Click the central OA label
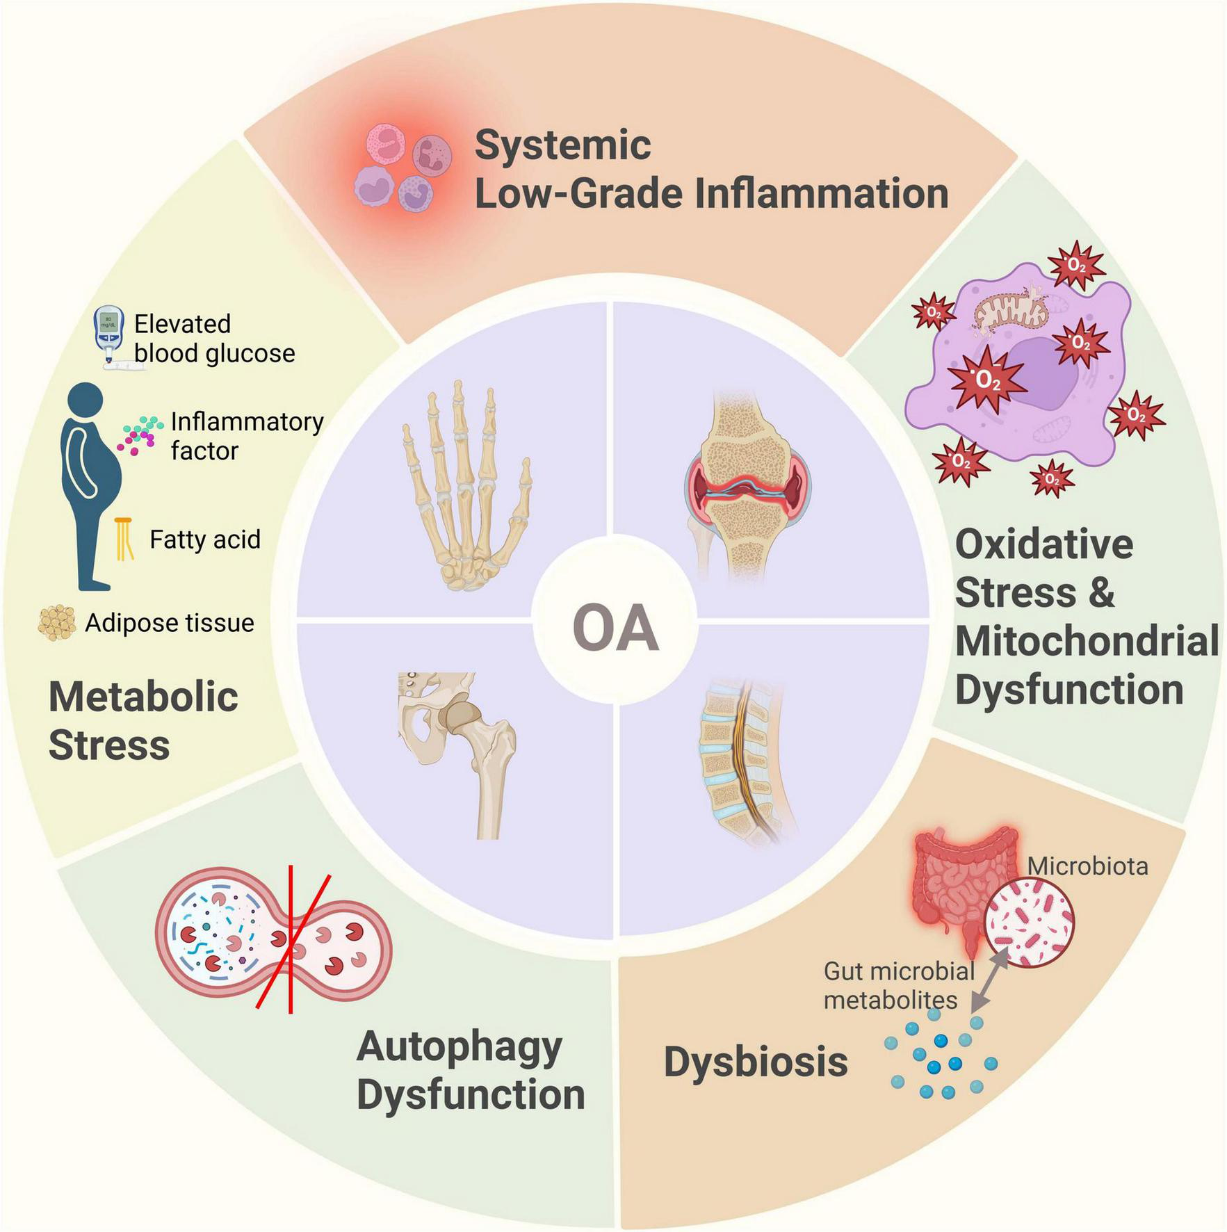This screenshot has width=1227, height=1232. pos(615,629)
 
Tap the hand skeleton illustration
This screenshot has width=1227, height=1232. pos(464,487)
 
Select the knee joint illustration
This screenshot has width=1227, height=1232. pos(748,487)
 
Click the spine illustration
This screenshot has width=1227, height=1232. pos(744,758)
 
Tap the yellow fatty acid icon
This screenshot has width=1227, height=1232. pos(124,539)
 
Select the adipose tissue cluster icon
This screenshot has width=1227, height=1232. pos(57,622)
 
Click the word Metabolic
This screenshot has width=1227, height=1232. pos(143,697)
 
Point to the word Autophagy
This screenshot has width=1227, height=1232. pos(460,1047)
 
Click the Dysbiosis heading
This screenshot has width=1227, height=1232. pos(756,1062)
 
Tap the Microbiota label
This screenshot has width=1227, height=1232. pos(1087,866)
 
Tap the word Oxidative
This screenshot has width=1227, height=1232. pos(1043,544)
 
